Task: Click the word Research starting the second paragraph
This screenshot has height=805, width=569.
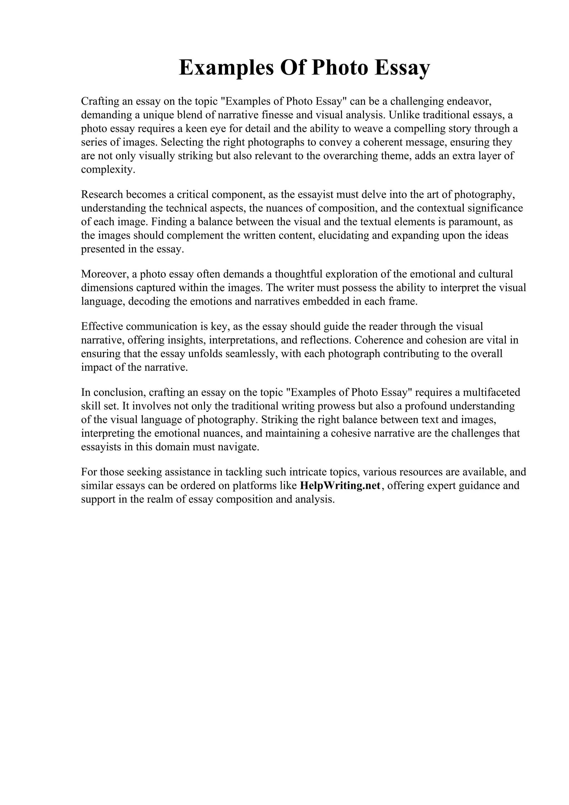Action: tap(102, 194)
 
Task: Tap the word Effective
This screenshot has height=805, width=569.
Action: tap(102, 326)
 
